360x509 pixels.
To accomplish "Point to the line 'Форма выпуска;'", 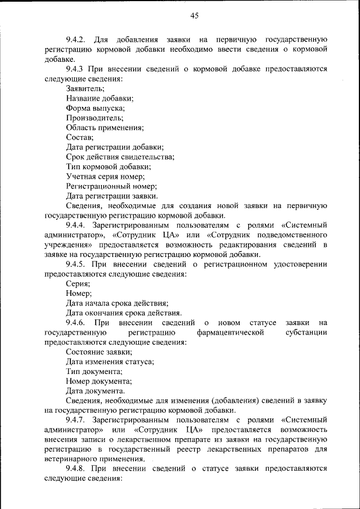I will [95, 108].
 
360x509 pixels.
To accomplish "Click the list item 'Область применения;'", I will [105, 128].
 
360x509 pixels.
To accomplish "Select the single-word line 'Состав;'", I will [79, 137].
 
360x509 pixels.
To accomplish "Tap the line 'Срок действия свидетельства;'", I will [120, 157].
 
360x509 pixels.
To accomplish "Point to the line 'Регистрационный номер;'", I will [111, 186].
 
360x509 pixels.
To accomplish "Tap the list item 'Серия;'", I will [78, 284].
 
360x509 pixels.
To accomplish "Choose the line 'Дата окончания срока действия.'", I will [123, 313].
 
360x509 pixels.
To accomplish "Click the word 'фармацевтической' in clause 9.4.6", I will [231, 333].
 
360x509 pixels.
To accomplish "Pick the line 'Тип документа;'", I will [93, 372].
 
